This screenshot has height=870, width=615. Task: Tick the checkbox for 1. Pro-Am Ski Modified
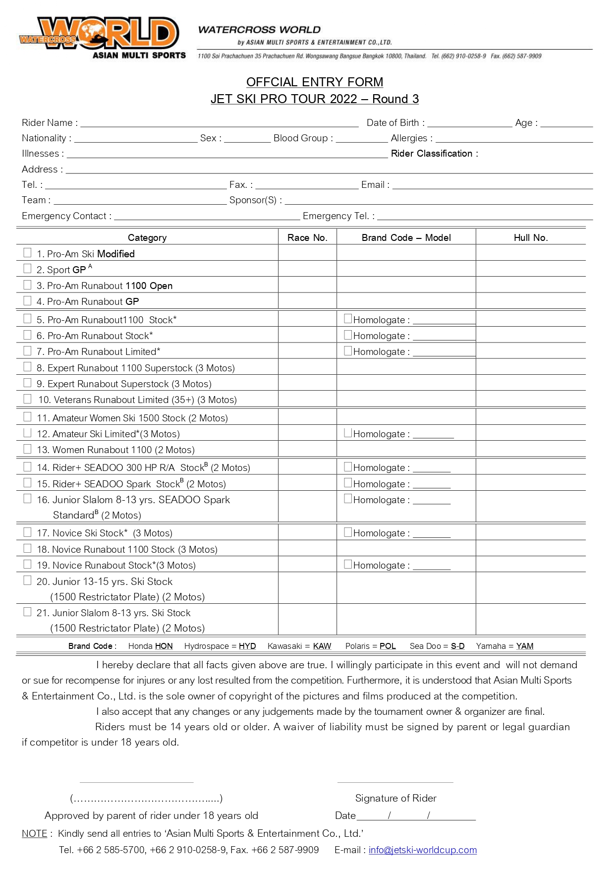(28, 253)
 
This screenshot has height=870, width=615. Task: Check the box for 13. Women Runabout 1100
(28, 449)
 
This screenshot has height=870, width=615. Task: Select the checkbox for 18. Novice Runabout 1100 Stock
(28, 548)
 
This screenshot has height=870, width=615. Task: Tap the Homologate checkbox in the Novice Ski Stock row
(348, 532)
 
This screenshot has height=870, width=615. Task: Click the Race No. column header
(307, 237)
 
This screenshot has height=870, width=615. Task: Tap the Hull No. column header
(530, 237)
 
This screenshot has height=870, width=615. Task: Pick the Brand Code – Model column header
(406, 237)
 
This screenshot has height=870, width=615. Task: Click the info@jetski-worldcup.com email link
(422, 850)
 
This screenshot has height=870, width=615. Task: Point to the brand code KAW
(322, 646)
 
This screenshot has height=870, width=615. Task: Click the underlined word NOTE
(34, 833)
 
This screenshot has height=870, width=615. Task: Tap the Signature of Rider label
(395, 798)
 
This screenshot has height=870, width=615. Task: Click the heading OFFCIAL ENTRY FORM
(314, 82)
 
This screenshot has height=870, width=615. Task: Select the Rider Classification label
(434, 154)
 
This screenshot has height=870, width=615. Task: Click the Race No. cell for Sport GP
(307, 269)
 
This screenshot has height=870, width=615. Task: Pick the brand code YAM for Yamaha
(524, 646)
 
